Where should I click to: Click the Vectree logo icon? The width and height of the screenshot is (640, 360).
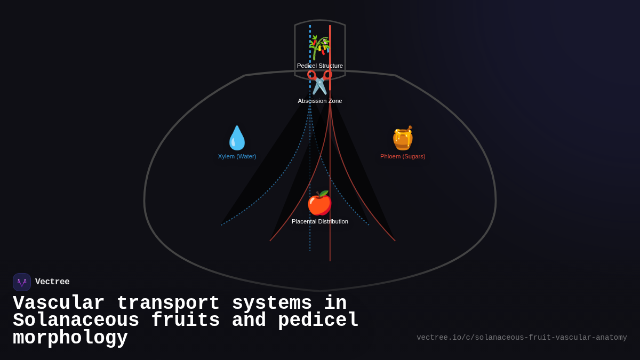click(22, 282)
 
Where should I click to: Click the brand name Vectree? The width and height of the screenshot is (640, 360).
click(52, 282)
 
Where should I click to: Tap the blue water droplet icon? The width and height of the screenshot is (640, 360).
click(237, 138)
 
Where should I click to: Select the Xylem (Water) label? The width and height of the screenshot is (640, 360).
click(237, 156)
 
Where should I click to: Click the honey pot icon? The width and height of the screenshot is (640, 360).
click(403, 138)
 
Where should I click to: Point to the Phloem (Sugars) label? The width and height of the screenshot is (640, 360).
click(403, 156)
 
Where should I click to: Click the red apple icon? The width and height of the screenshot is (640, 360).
click(319, 203)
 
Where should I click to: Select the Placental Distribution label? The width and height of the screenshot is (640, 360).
click(320, 221)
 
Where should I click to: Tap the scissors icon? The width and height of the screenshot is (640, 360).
click(319, 83)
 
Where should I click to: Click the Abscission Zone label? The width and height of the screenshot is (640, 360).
click(320, 101)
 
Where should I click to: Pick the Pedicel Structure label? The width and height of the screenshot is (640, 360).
click(320, 66)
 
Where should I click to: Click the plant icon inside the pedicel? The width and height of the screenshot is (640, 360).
click(319, 47)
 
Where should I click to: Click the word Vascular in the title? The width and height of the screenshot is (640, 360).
click(59, 303)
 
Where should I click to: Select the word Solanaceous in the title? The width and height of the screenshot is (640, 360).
click(76, 321)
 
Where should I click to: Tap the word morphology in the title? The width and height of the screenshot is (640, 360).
click(70, 338)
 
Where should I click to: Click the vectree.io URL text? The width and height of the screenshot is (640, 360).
click(522, 338)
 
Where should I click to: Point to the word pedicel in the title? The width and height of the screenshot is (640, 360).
click(318, 321)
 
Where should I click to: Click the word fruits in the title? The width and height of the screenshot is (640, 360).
click(186, 321)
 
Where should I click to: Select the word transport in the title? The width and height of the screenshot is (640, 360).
click(168, 303)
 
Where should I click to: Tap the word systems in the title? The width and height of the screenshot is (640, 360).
click(272, 303)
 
